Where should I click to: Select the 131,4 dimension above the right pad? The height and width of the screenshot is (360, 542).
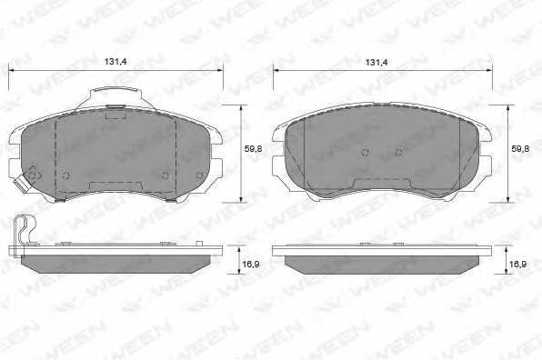[x=376, y=62]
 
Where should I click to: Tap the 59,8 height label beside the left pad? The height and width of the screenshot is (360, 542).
[x=254, y=147]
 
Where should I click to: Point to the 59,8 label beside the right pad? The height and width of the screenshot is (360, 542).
[x=519, y=147]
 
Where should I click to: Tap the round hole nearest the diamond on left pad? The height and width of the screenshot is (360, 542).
[x=65, y=175]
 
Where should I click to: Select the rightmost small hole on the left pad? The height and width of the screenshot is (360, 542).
[x=199, y=175]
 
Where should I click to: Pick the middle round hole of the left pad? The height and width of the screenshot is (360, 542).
[x=165, y=175]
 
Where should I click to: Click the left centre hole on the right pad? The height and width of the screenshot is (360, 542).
[x=365, y=152]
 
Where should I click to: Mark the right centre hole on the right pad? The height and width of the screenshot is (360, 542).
[x=397, y=152]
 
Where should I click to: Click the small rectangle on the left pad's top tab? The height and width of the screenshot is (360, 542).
[x=115, y=113]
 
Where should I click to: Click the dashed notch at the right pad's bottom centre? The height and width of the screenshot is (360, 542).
[x=382, y=185]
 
